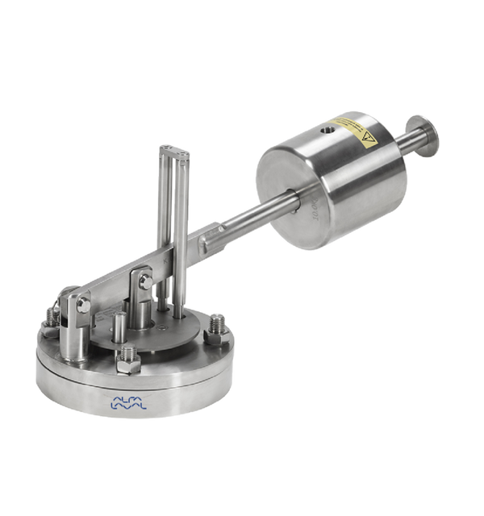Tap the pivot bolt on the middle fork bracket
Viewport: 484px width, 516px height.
pyautogui.click(x=145, y=281)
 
